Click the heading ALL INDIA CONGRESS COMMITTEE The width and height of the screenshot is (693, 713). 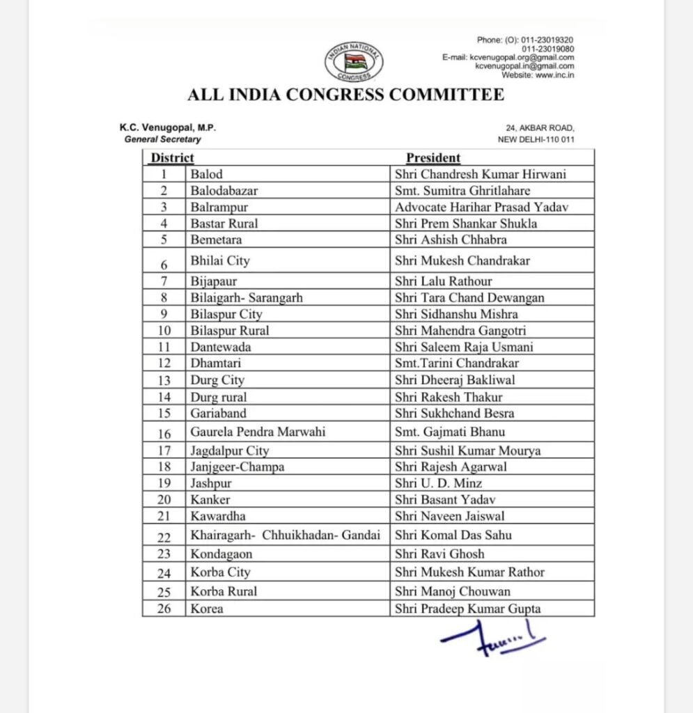[x=345, y=95]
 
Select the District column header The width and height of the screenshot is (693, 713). [x=173, y=158]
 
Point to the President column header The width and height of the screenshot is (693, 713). [x=433, y=158]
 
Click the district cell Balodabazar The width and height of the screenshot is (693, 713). [x=224, y=190]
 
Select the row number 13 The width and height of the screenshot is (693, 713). [x=164, y=380]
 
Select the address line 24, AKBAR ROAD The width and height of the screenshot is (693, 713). [x=540, y=129]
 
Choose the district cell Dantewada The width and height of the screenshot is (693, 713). [x=221, y=347]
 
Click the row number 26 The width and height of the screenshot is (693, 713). [x=164, y=609]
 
